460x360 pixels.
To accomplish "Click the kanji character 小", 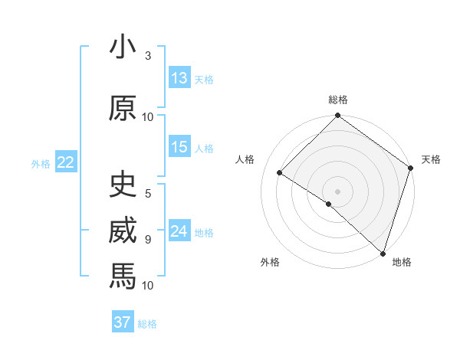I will tap(123, 47).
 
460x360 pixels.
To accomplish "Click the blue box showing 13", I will tap(179, 78).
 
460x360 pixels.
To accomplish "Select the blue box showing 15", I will tap(179, 147).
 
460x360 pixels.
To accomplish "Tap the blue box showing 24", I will tap(179, 231).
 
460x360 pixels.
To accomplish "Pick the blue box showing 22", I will tap(65, 162).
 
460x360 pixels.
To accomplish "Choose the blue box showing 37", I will tap(123, 322).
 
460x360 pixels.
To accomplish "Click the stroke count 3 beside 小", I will tap(148, 57).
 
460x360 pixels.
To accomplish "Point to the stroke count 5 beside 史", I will tap(148, 194).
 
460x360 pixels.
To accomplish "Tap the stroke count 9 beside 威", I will tap(148, 239).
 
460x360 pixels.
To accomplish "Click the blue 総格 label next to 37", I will tap(147, 324).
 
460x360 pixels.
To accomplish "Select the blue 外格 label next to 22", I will tap(41, 163).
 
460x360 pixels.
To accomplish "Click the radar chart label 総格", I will tap(338, 100).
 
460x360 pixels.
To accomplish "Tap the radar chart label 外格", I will tap(270, 262).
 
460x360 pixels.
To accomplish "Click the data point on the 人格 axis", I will tap(280, 173).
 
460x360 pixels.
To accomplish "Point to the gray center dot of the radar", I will tap(337, 191).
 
